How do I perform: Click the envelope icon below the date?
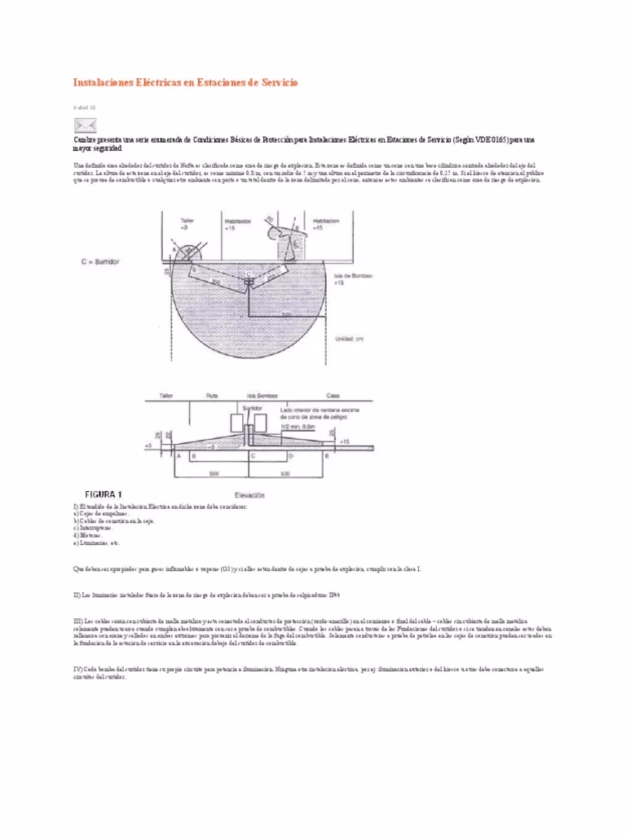coord(86,125)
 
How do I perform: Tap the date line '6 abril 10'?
coord(84,107)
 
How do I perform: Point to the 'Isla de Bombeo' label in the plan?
coord(354,276)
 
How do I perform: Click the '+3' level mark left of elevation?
coord(148,446)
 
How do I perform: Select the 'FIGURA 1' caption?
coord(104,494)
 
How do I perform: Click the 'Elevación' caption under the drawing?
coord(251,494)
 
